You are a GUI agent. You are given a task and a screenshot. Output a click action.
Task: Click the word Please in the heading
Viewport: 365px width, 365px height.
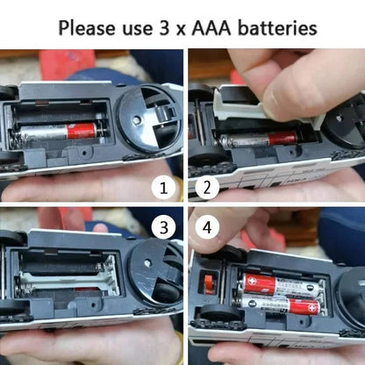(x=91, y=26)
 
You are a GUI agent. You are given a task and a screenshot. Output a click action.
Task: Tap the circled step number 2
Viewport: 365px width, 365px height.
(x=208, y=186)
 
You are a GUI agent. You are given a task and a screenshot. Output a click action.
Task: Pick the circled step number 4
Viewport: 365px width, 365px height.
(x=208, y=229)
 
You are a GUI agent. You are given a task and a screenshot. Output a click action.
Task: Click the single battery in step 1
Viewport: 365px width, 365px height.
(x=58, y=132)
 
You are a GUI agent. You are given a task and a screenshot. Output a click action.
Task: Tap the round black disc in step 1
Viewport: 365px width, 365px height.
(x=149, y=123)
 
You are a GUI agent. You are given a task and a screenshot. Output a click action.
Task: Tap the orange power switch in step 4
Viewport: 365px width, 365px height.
(x=209, y=284)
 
